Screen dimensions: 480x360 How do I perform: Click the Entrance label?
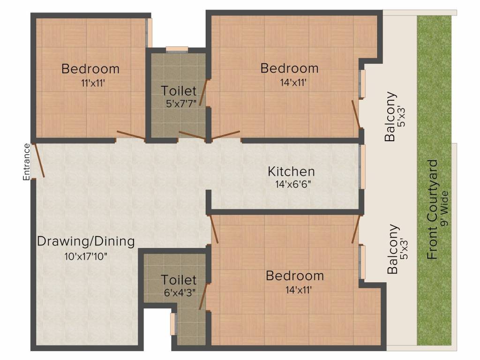27,162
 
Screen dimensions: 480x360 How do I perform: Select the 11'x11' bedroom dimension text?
93,83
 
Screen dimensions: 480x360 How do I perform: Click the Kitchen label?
291,172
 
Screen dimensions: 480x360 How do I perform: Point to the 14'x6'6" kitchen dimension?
293,185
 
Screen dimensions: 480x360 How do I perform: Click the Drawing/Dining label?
86,241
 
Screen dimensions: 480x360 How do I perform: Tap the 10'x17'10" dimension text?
86,256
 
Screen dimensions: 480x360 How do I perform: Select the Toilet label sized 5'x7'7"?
179,91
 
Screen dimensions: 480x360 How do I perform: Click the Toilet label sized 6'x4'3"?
179,280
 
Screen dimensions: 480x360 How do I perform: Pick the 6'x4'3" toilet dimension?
180,292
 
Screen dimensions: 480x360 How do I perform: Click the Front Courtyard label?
432,210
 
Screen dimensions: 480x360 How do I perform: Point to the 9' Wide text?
444,209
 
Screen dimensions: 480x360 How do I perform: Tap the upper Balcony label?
390,116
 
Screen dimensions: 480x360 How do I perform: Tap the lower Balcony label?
393,249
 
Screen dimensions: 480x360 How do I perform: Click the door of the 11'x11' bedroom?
131,135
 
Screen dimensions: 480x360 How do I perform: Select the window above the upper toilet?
177,50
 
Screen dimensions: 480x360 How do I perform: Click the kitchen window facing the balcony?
362,166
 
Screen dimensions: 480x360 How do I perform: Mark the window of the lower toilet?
173,324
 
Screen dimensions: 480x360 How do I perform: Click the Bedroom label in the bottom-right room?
295,276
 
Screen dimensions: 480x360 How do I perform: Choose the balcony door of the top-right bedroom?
356,114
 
